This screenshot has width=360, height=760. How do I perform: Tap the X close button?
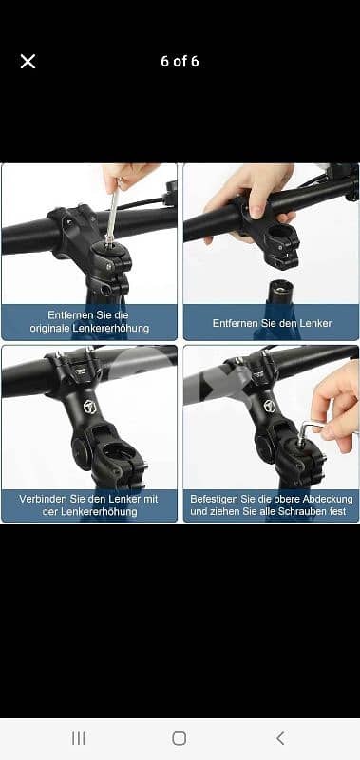[28, 62]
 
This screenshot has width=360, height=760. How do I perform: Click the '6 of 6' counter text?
[180, 62]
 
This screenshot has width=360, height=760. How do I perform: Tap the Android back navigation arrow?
[280, 737]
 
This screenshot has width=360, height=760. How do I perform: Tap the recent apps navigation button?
[79, 737]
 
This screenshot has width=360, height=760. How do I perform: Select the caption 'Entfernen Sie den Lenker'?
[271, 323]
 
